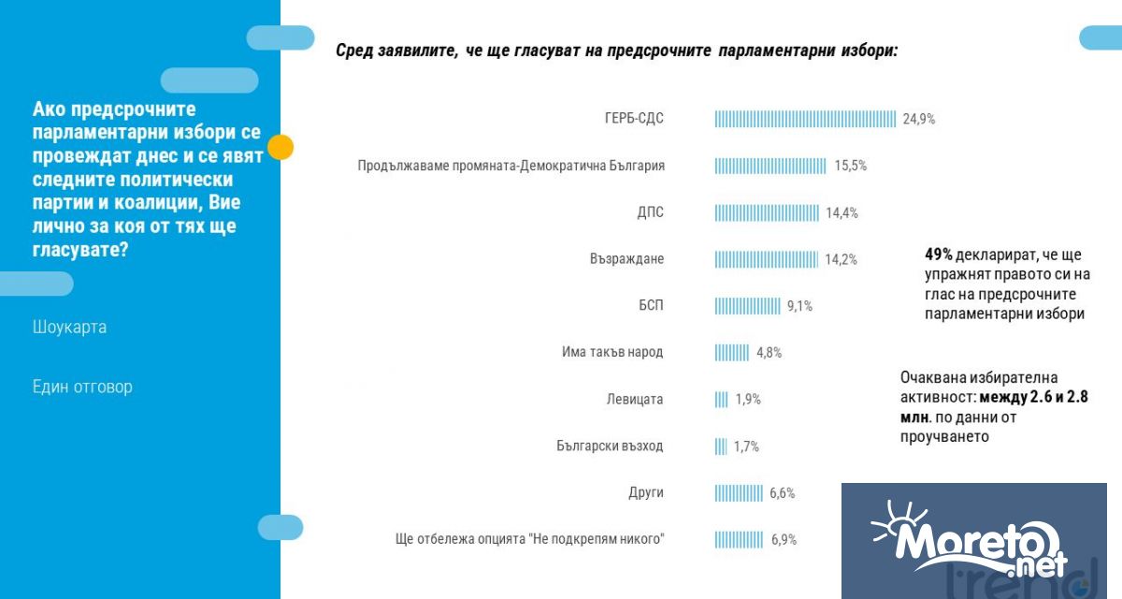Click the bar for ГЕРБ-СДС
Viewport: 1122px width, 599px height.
[x=805, y=119]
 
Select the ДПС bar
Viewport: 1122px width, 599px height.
[x=767, y=212]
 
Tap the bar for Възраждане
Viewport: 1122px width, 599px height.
[x=766, y=259]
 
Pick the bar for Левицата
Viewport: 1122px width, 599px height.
[x=721, y=400]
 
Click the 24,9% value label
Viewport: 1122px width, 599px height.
[x=919, y=119]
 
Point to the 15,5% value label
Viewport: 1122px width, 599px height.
[x=851, y=166]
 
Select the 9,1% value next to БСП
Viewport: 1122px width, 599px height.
[x=799, y=306]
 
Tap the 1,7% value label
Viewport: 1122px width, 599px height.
[x=746, y=446]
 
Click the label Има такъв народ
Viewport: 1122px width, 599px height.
[x=612, y=353]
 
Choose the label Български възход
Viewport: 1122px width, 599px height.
[x=610, y=446]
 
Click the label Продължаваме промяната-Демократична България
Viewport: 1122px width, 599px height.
[x=511, y=166]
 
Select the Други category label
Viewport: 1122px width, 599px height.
[x=646, y=493]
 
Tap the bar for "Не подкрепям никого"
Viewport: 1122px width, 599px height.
[x=740, y=540]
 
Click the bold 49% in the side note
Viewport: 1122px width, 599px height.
[x=938, y=255]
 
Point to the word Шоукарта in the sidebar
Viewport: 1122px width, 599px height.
[x=69, y=328]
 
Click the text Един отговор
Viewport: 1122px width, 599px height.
[x=82, y=387]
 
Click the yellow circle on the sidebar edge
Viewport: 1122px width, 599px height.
[x=280, y=147]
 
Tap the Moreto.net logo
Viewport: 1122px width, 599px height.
[x=972, y=541]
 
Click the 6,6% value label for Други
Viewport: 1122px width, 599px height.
[x=783, y=493]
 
